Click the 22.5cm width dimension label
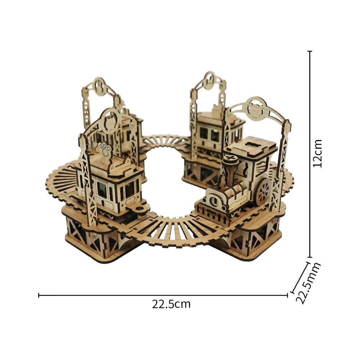(x=171, y=304)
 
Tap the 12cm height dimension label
(x=318, y=153)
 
